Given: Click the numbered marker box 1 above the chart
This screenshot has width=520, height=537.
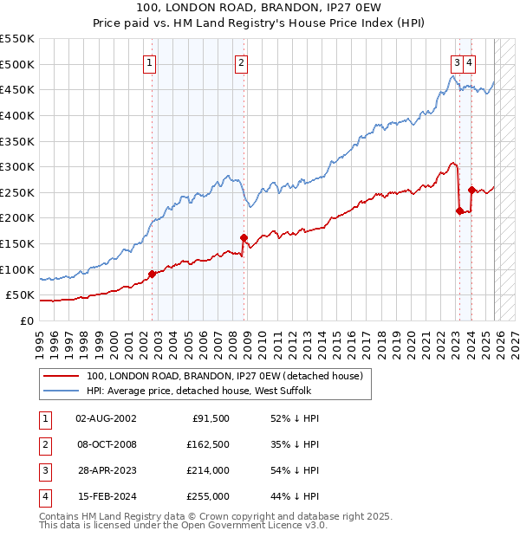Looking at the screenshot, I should click(150, 61).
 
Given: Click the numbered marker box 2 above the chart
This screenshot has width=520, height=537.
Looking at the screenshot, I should click(240, 61).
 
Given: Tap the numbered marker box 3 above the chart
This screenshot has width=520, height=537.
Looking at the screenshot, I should click(456, 61).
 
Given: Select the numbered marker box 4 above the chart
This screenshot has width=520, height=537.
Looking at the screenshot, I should click(469, 61).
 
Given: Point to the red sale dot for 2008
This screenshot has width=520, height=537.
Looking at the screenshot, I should click(244, 237).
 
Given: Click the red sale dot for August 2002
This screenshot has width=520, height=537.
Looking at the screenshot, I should click(152, 274).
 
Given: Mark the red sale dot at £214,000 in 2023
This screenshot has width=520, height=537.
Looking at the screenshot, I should click(458, 210).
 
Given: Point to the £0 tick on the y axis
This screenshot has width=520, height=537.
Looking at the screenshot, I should click(27, 320).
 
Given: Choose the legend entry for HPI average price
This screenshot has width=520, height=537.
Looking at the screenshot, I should click(199, 391).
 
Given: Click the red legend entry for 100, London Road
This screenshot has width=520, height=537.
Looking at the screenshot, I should click(229, 376).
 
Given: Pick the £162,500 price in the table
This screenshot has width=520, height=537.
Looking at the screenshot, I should click(208, 445).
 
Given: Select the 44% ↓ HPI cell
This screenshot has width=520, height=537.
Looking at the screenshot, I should click(296, 497).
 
